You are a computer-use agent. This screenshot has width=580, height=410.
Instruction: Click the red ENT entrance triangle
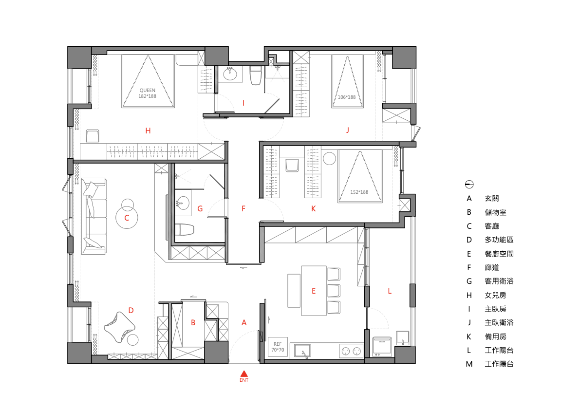[244, 373]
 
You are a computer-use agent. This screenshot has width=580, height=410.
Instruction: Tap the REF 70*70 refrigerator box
[278, 347]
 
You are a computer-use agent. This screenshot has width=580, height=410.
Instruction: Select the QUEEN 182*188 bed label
[148, 93]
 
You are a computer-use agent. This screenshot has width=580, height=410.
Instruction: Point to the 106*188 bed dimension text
[347, 97]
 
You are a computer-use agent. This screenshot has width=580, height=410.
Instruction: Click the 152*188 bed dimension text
[359, 192]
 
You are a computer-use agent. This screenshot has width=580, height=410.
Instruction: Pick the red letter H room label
[148, 130]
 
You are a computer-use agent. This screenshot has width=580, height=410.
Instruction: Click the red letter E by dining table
[314, 291]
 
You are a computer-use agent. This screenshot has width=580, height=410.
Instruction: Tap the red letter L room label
[389, 291]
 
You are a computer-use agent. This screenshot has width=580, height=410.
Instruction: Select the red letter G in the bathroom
[200, 208]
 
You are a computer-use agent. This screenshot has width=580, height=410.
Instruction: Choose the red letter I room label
[243, 103]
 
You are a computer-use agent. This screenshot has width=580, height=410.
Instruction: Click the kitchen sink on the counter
[302, 350]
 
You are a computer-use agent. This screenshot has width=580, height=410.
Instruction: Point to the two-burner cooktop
[351, 351]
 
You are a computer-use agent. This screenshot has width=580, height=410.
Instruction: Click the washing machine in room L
[382, 347]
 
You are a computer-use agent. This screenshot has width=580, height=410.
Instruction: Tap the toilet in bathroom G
[185, 229]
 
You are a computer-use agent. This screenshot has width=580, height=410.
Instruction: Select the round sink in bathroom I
[230, 75]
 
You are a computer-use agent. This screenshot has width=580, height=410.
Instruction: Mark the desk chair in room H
[93, 136]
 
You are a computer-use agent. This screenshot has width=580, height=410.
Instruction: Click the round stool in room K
[330, 159]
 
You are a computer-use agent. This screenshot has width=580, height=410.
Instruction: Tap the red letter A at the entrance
[244, 322]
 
